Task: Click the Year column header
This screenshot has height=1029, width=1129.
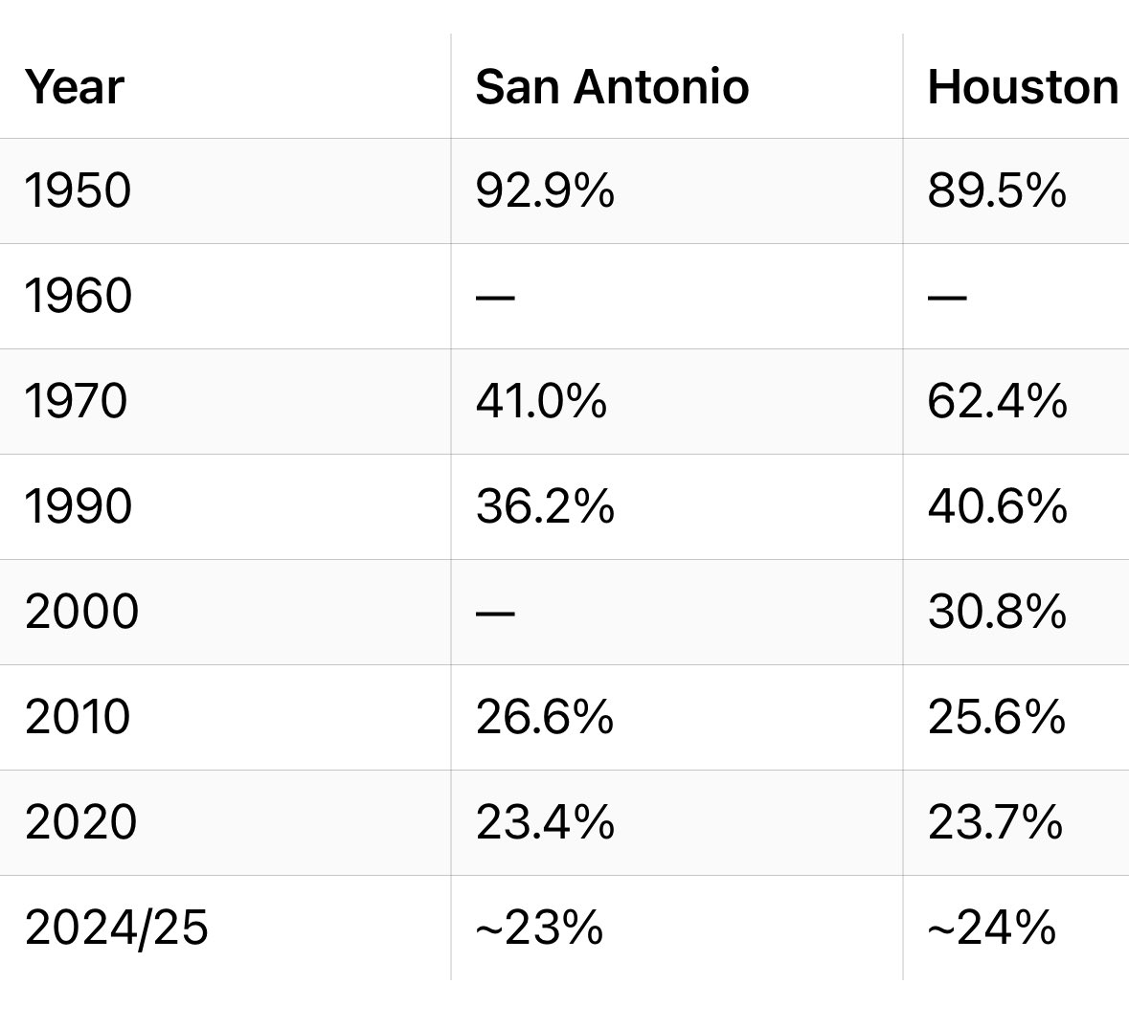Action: [x=75, y=87]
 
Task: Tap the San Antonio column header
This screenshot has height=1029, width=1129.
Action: [x=612, y=87]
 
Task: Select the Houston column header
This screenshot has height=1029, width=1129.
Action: [x=1022, y=87]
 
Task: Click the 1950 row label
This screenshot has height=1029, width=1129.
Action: [x=78, y=190]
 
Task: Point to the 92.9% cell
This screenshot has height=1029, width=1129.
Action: [x=544, y=190]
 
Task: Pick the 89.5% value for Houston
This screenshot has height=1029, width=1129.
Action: [x=996, y=190]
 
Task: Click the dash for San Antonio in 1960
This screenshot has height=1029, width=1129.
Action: [x=495, y=297]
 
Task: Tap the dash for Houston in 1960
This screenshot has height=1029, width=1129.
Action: [x=947, y=297]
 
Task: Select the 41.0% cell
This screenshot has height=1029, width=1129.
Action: [x=541, y=401]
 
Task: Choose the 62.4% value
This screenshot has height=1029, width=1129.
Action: [x=996, y=401]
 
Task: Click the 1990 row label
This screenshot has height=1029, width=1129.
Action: [x=78, y=506]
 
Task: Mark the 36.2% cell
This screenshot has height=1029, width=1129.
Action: [x=544, y=506]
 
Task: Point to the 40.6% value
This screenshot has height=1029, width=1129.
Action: [x=996, y=506]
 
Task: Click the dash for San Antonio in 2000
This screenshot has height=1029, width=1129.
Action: [x=495, y=613]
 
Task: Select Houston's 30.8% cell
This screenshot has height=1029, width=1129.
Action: [x=996, y=612]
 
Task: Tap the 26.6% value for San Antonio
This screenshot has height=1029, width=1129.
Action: [x=544, y=717]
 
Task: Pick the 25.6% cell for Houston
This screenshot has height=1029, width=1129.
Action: [x=996, y=717]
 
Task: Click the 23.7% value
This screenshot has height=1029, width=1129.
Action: [x=995, y=822]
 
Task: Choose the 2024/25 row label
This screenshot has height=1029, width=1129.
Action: [x=116, y=928]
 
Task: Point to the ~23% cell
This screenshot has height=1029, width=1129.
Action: [x=539, y=928]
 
